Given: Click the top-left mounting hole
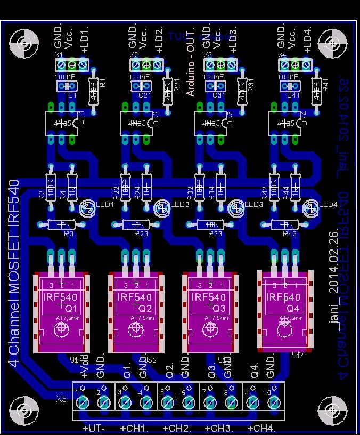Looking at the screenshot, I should click(x=23, y=42).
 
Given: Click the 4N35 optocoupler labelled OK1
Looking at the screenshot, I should click(x=61, y=123).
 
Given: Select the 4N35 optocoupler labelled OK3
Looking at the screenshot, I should click(x=210, y=123).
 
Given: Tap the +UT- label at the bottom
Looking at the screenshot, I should click(x=94, y=428).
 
